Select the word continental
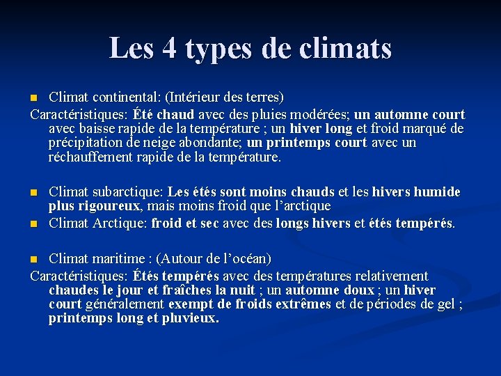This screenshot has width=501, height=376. tap(122, 96)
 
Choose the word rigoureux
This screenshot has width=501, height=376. tap(108, 206)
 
